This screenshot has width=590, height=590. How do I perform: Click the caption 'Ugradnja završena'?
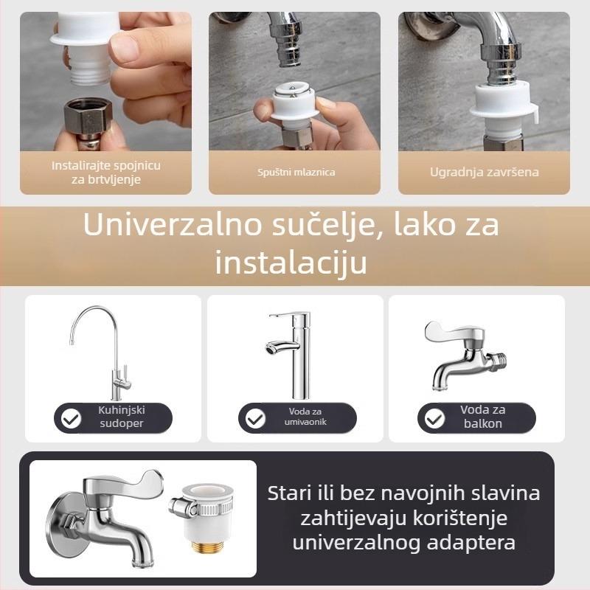click(485, 173)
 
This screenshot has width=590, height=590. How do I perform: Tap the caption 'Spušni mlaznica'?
click(296, 173)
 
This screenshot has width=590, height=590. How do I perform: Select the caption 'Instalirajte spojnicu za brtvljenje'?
click(106, 173)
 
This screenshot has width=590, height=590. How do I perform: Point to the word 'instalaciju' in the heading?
click(291, 263)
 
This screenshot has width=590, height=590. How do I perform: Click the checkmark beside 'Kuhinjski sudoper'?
click(71, 420)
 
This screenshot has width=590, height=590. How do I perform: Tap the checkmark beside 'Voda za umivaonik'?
click(255, 420)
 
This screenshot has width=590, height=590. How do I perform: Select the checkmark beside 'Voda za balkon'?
click(434, 420)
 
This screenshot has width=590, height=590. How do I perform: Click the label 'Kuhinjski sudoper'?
click(121, 417)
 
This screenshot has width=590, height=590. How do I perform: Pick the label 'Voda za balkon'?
click(482, 417)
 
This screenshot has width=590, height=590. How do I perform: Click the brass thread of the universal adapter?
click(206, 548)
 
